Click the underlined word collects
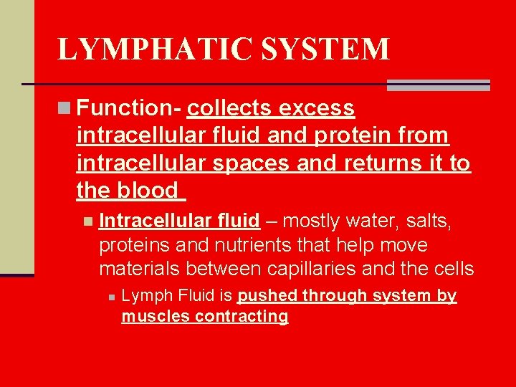[229, 108]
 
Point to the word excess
[317, 108]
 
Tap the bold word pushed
[265, 295]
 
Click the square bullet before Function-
[64, 108]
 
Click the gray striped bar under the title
[438, 85]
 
